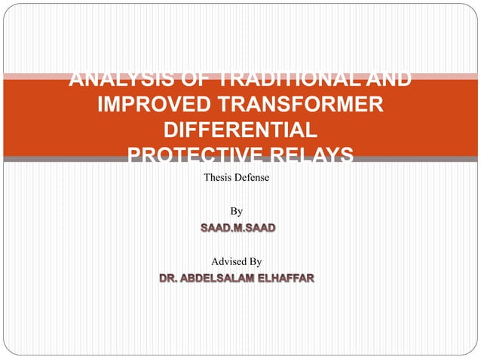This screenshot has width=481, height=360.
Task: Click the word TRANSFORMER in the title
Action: pyautogui.click(x=311, y=103)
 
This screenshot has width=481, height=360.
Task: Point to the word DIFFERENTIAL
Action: pyautogui.click(x=240, y=129)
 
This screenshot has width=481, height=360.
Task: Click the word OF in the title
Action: pyautogui.click(x=180, y=78)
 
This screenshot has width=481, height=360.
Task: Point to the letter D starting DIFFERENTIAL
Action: pyautogui.click(x=170, y=129)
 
